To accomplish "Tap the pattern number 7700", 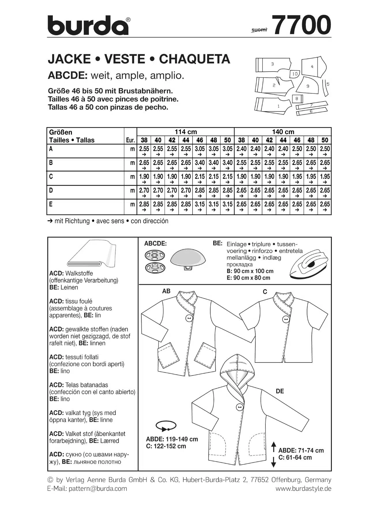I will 301,25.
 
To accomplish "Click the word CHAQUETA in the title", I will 194,59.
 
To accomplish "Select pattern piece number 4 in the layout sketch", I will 312,67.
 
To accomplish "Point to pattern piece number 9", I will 308,86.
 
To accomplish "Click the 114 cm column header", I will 186,132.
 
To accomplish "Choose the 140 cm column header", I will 283,132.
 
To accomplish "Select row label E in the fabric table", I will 51,204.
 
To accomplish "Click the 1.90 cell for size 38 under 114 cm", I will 144,176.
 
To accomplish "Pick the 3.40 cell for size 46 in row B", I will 199,163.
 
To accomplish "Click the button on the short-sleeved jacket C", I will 285,319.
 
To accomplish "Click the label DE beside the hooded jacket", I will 280,391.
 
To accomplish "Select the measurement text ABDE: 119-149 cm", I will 172,439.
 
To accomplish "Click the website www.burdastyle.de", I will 303,489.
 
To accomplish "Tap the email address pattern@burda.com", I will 98,489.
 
